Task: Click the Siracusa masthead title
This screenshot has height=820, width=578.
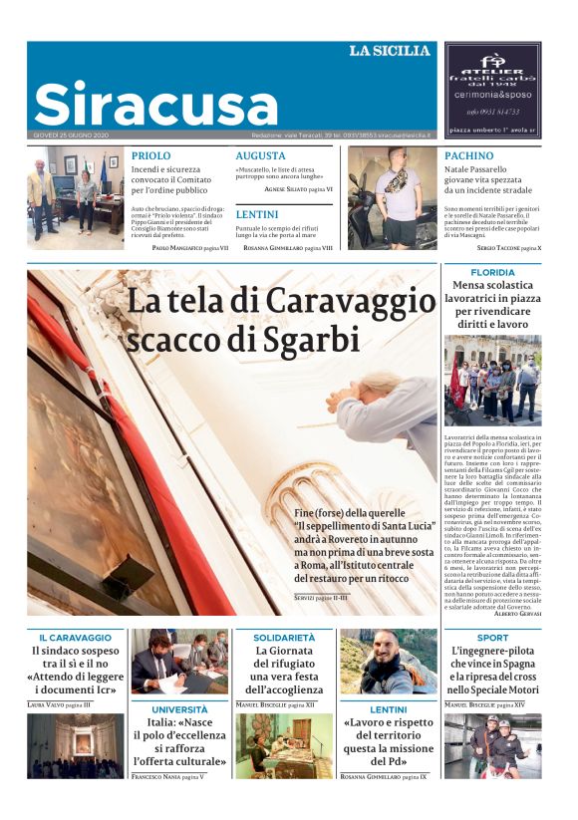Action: tap(155, 103)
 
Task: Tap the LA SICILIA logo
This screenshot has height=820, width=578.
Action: tap(389, 51)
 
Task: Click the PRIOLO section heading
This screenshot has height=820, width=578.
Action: tap(150, 156)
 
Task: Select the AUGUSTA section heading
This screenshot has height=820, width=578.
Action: tap(260, 156)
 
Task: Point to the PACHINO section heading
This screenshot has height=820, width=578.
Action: tap(468, 156)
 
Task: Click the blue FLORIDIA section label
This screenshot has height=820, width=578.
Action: tap(492, 272)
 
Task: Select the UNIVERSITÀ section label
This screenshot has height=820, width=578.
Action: tap(179, 709)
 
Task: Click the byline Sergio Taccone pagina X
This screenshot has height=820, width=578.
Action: tap(508, 246)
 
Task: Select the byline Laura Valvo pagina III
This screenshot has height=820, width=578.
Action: tap(59, 704)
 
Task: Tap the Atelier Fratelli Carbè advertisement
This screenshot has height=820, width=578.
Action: tap(492, 89)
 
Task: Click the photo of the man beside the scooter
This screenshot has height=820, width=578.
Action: tap(392, 197)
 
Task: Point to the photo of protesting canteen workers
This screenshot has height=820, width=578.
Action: tap(492, 380)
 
